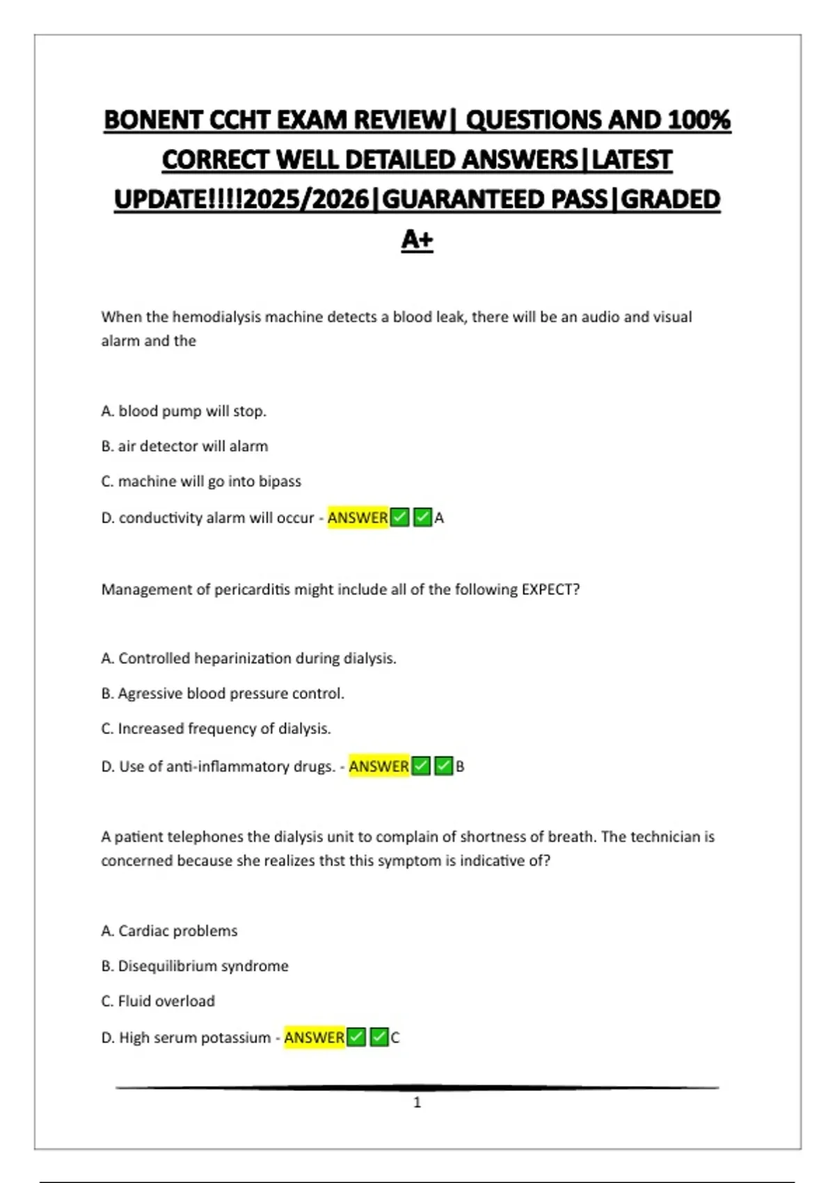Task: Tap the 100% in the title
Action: click(699, 120)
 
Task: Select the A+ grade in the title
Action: click(417, 239)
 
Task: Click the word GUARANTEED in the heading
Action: click(494, 200)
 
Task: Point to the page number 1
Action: click(417, 1102)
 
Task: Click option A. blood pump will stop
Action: click(184, 411)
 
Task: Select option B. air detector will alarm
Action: click(184, 446)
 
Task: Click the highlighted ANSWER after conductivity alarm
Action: click(358, 518)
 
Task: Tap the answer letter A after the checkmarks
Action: click(439, 518)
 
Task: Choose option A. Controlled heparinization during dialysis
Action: click(248, 658)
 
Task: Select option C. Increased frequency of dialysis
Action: click(216, 729)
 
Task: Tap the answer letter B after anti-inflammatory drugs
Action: click(460, 767)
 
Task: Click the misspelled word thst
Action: click(332, 861)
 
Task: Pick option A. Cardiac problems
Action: click(169, 931)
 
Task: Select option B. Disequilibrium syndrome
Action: click(195, 966)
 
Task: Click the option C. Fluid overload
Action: click(158, 1001)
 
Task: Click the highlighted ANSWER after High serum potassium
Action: click(314, 1038)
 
